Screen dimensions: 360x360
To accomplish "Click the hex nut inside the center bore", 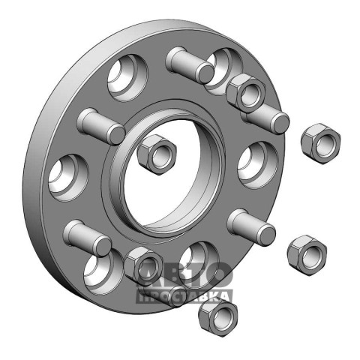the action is [x=157, y=154].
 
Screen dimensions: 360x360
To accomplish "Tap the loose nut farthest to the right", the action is [x=320, y=143].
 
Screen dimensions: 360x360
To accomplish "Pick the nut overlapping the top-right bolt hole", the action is [x=245, y=92].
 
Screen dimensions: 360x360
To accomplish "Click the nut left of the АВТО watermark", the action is [x=143, y=266].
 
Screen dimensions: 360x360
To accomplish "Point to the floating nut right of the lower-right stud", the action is [x=307, y=254].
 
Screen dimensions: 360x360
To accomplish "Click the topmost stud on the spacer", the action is [x=190, y=64].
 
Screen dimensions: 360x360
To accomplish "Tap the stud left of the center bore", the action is [x=100, y=126].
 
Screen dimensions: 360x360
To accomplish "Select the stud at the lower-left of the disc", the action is [x=87, y=238].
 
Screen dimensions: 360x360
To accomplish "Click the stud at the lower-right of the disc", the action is [x=251, y=227].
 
